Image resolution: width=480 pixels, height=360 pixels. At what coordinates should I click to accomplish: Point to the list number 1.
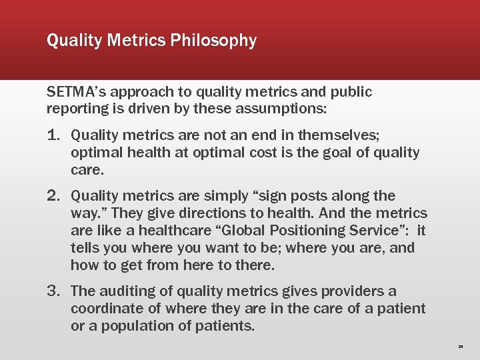click(x=55, y=136)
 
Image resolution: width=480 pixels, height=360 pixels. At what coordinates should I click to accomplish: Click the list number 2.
click(x=55, y=196)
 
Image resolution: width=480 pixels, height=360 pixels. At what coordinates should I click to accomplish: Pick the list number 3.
click(x=55, y=291)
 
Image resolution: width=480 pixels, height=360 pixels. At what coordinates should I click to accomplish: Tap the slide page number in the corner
click(x=461, y=347)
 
